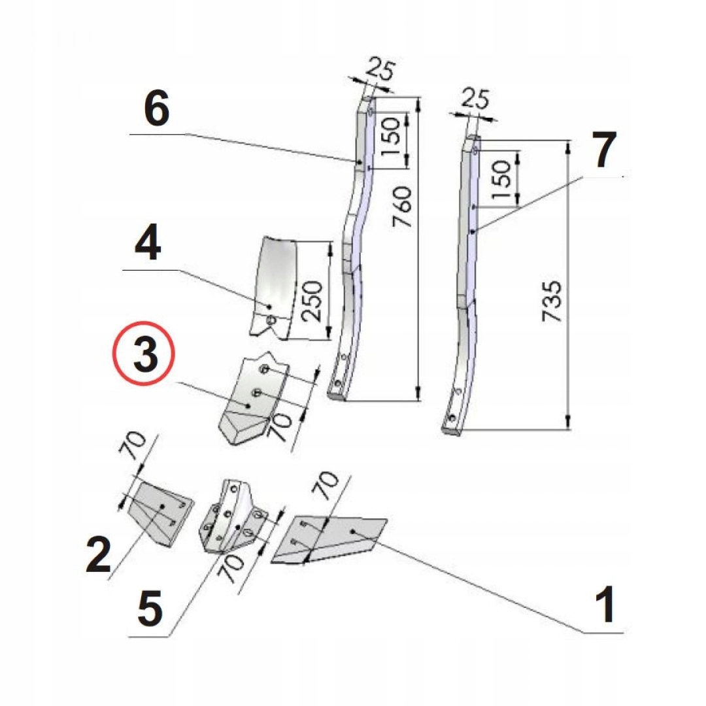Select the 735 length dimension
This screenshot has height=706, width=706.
pyautogui.click(x=552, y=301)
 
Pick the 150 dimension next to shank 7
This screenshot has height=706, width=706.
pyautogui.click(x=503, y=180)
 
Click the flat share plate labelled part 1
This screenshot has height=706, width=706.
pyautogui.click(x=333, y=539)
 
